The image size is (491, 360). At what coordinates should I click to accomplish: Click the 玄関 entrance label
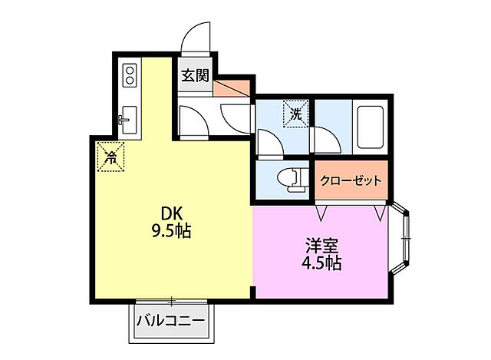point(195,76)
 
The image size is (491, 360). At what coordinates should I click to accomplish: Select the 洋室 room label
point(321,246)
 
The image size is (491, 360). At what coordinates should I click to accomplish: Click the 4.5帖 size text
point(321,263)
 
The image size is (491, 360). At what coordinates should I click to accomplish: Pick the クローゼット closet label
point(351,180)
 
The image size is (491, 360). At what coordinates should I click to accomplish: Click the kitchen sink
point(129,120)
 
